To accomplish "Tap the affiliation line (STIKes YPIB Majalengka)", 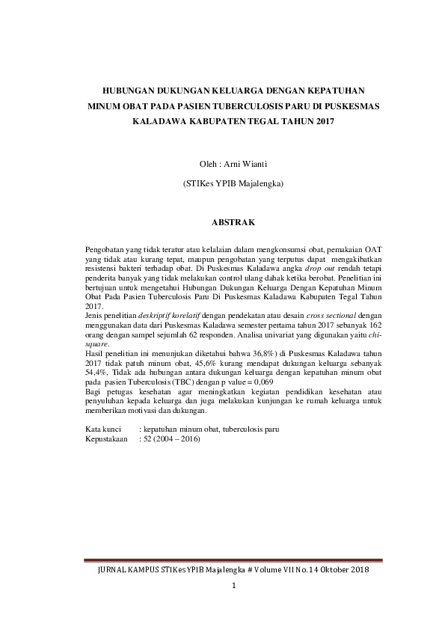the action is [234, 183].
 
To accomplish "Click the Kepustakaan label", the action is [108, 439].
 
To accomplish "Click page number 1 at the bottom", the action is [233, 584].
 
